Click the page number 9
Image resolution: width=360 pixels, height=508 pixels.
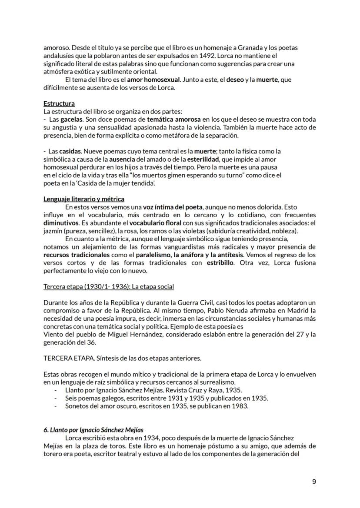point(314,481)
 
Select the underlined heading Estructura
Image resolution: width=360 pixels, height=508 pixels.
point(59,103)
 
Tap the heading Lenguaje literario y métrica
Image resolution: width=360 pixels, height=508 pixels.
point(84,199)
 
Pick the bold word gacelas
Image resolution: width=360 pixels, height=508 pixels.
point(71,119)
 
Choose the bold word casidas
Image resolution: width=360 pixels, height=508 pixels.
point(71,151)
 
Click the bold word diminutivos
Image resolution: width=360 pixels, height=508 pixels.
point(64,223)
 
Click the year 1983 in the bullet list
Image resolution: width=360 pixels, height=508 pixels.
point(240,406)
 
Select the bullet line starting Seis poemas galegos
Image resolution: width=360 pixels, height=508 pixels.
point(167,398)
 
